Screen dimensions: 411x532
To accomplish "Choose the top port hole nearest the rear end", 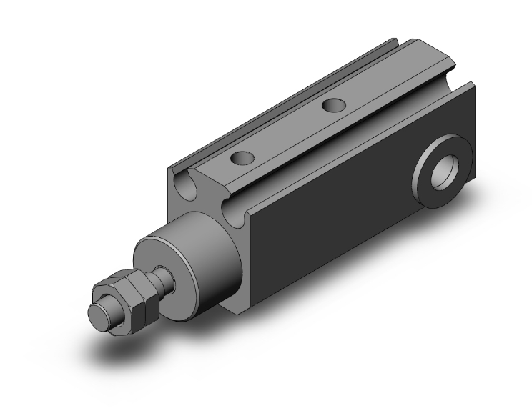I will click(332, 106).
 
